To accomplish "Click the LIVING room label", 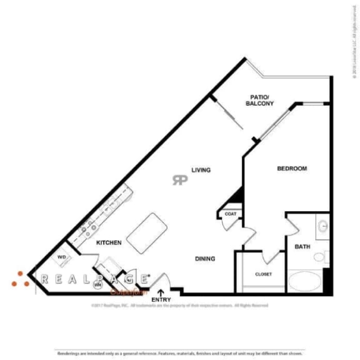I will point(201,169).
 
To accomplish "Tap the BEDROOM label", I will point(291,169).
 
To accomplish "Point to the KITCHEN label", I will point(109,242).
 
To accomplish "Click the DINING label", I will point(205,259).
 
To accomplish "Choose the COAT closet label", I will point(230,214).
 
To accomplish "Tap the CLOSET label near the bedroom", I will point(263,274).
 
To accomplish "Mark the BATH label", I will point(302,247).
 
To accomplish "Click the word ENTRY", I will point(161,299).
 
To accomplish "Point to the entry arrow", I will point(161,291).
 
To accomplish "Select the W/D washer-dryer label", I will point(62,257).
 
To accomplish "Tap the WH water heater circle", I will point(97,285).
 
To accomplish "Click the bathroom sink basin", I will point(323,226).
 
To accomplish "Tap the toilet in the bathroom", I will point(321,256).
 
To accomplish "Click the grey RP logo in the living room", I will point(180,180).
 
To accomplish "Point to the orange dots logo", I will point(20,279).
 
